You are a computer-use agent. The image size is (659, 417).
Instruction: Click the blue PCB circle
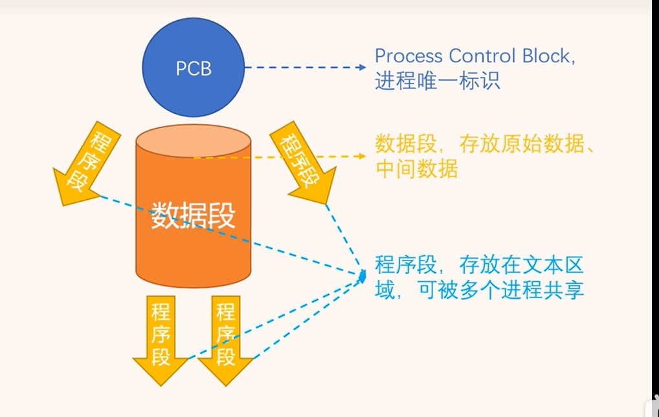coord(194,69)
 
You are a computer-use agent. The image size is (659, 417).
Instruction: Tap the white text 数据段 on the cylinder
coord(193,216)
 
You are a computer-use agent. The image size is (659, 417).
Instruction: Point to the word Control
coord(476,56)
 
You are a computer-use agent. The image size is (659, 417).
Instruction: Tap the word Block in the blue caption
coord(541,56)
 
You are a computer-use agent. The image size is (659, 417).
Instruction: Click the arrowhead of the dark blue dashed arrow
coord(362,67)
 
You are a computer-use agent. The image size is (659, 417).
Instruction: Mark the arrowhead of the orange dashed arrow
coord(362,156)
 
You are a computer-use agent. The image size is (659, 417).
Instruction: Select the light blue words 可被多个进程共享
coord(501,290)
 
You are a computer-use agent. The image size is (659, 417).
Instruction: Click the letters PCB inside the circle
coord(194,69)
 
